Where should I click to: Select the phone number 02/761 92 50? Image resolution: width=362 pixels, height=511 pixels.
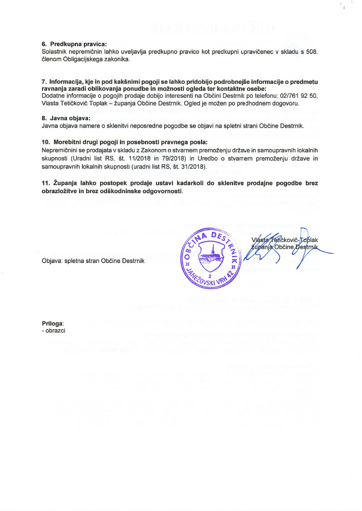[x=296, y=95]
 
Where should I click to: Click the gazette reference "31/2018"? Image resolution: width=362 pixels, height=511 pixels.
[x=195, y=166]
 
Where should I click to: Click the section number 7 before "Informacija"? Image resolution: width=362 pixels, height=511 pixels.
[x=43, y=81]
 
